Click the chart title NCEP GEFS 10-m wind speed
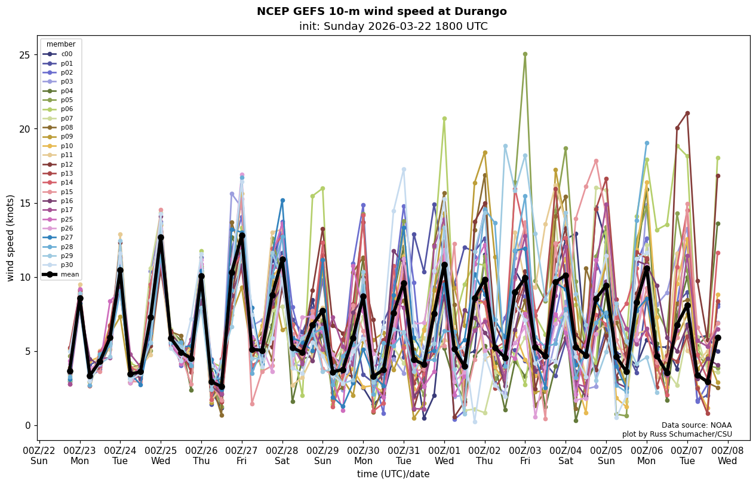pyautogui.click(x=382, y=11)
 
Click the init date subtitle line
pyautogui.click(x=393, y=26)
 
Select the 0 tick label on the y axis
pyautogui.click(x=26, y=425)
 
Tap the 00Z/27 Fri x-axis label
pyautogui.click(x=242, y=455)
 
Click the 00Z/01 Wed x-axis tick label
pyautogui.click(x=444, y=455)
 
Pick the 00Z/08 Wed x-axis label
pyautogui.click(x=727, y=455)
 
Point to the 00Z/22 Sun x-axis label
pyautogui.click(x=39, y=455)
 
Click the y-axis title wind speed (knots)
pyautogui.click(x=11, y=238)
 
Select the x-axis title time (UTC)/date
pyautogui.click(x=393, y=474)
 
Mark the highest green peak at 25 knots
pyautogui.click(x=525, y=54)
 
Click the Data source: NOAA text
pyautogui.click(x=696, y=425)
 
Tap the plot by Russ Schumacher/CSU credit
pyautogui.click(x=677, y=434)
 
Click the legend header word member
pyautogui.click(x=61, y=44)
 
